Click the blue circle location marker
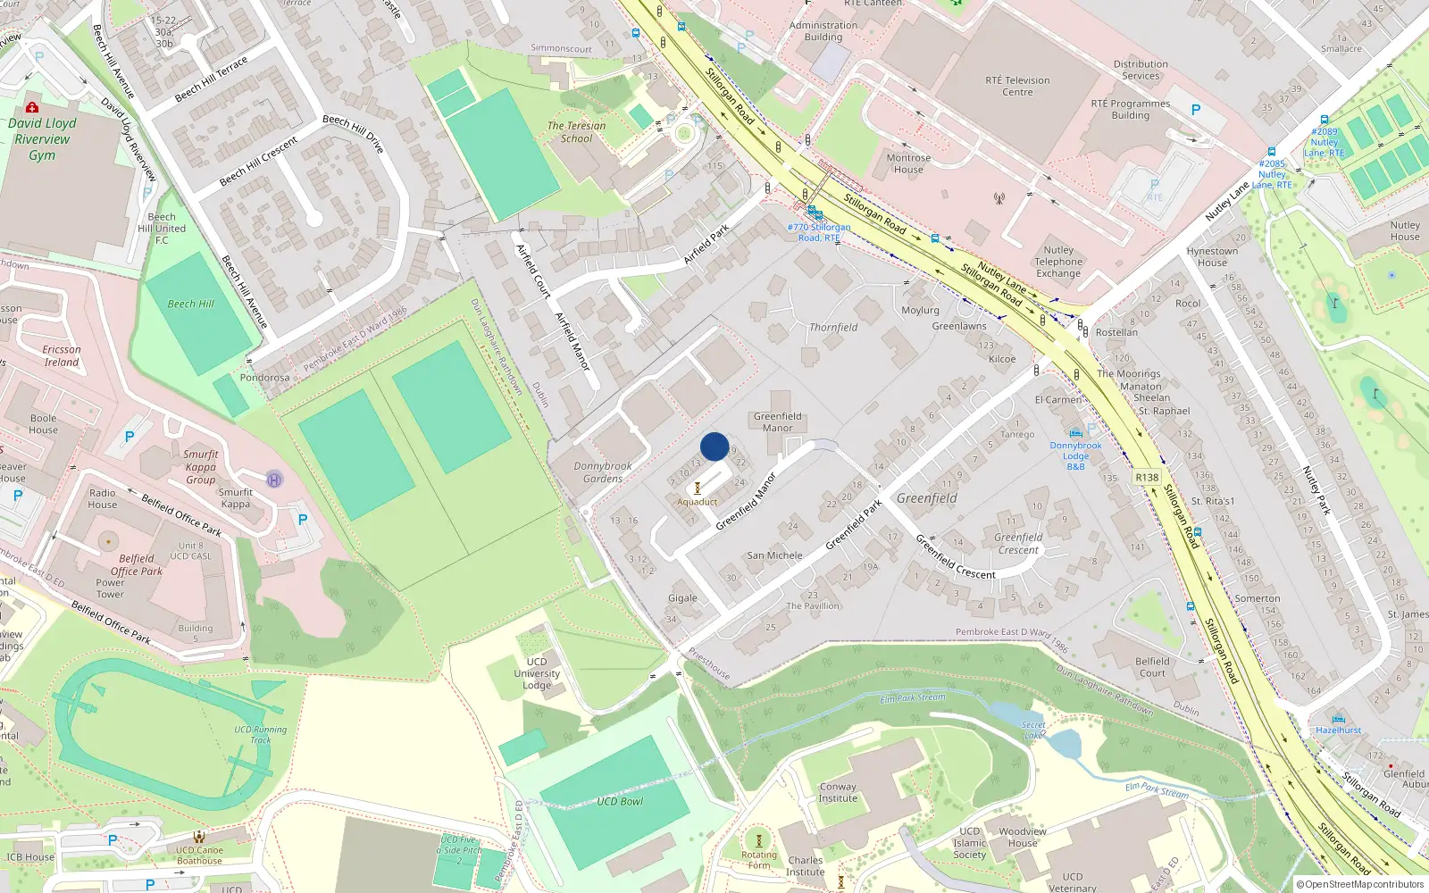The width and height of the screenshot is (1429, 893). [714, 446]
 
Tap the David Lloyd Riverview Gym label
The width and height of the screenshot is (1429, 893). [42, 139]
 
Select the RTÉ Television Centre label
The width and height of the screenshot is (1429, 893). [1017, 86]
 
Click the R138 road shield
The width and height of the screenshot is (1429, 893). [1147, 477]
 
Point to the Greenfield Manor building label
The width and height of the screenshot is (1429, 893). [777, 421]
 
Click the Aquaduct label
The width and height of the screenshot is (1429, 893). [697, 502]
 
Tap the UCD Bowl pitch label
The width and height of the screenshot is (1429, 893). [620, 801]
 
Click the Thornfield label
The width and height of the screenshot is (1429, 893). [833, 328]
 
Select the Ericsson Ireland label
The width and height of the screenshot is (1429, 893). [62, 355]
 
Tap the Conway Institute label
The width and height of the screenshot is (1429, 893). [838, 792]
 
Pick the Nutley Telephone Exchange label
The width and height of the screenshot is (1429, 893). [1058, 262]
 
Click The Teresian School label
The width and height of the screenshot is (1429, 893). [576, 132]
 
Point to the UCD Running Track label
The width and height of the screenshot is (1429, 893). [261, 734]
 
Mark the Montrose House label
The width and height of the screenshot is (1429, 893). [908, 163]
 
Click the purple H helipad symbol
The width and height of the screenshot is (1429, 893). [274, 480]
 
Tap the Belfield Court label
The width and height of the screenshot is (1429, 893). [1152, 667]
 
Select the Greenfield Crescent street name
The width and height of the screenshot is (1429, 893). [955, 556]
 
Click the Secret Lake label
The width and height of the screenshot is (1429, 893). [1033, 730]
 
